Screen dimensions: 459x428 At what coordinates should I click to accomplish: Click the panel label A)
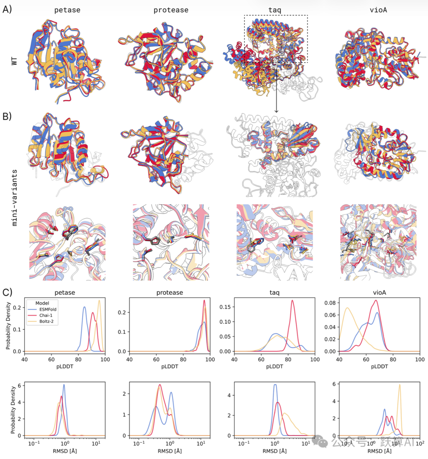pyautogui.click(x=8, y=9)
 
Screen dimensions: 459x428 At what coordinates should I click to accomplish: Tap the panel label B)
pyautogui.click(x=8, y=116)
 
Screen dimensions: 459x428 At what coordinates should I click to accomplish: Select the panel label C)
pyautogui.click(x=8, y=292)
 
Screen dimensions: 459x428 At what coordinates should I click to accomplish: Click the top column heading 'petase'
pyautogui.click(x=67, y=10)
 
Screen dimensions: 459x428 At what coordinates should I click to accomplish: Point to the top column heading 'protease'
pyautogui.click(x=171, y=10)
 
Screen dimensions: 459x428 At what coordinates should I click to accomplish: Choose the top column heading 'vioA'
pyautogui.click(x=378, y=10)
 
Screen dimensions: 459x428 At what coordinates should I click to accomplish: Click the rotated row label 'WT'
pyautogui.click(x=14, y=61)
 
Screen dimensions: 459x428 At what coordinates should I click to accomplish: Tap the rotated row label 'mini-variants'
pyautogui.click(x=15, y=198)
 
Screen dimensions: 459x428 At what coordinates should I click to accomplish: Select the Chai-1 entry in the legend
pyautogui.click(x=46, y=315)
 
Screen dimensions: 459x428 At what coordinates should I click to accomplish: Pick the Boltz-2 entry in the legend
pyautogui.click(x=46, y=321)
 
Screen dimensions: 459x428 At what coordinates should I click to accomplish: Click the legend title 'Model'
pyautogui.click(x=42, y=303)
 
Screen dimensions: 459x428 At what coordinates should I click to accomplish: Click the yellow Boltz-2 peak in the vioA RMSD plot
pyautogui.click(x=399, y=385)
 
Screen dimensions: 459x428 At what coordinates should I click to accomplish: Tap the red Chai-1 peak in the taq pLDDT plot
pyautogui.click(x=292, y=301)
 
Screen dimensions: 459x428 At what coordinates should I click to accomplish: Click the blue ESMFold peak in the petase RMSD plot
pyautogui.click(x=64, y=385)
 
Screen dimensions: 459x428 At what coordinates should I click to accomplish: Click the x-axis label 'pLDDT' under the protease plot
pyautogui.click(x=170, y=367)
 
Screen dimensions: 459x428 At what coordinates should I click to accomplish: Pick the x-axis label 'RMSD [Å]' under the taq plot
pyautogui.click(x=274, y=451)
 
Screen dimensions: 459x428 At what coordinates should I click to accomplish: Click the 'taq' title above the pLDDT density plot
pyautogui.click(x=274, y=293)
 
